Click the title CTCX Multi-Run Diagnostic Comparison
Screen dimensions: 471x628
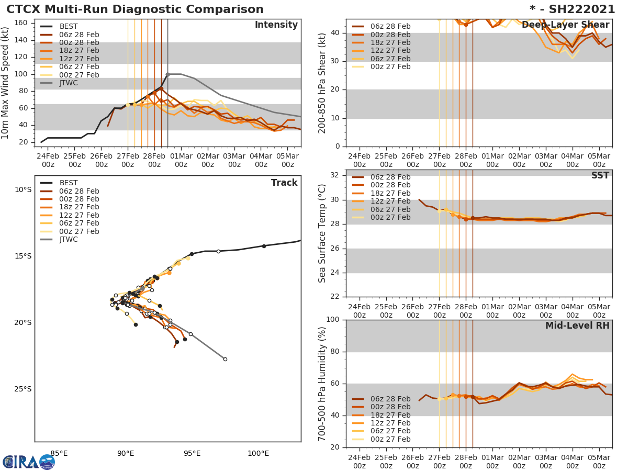[135, 9]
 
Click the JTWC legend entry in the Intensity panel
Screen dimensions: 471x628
[69, 83]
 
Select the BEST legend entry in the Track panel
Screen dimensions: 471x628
[69, 183]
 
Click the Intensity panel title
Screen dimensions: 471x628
[276, 25]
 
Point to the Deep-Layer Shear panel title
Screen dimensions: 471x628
[565, 25]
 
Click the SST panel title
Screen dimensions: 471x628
[600, 176]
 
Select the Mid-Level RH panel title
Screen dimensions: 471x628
[577, 326]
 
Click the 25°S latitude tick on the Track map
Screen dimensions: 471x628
[23, 389]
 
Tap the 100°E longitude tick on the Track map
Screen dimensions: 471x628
[259, 453]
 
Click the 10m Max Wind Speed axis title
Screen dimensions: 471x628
[6, 83]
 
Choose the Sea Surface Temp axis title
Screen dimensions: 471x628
[322, 233]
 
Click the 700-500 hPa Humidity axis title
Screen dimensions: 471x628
[322, 384]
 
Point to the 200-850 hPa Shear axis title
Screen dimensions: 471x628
[322, 83]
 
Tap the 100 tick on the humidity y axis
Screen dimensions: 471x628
[333, 320]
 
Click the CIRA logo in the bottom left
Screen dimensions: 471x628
[28, 462]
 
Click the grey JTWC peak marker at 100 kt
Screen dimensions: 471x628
[167, 74]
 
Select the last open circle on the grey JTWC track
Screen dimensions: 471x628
[225, 359]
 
